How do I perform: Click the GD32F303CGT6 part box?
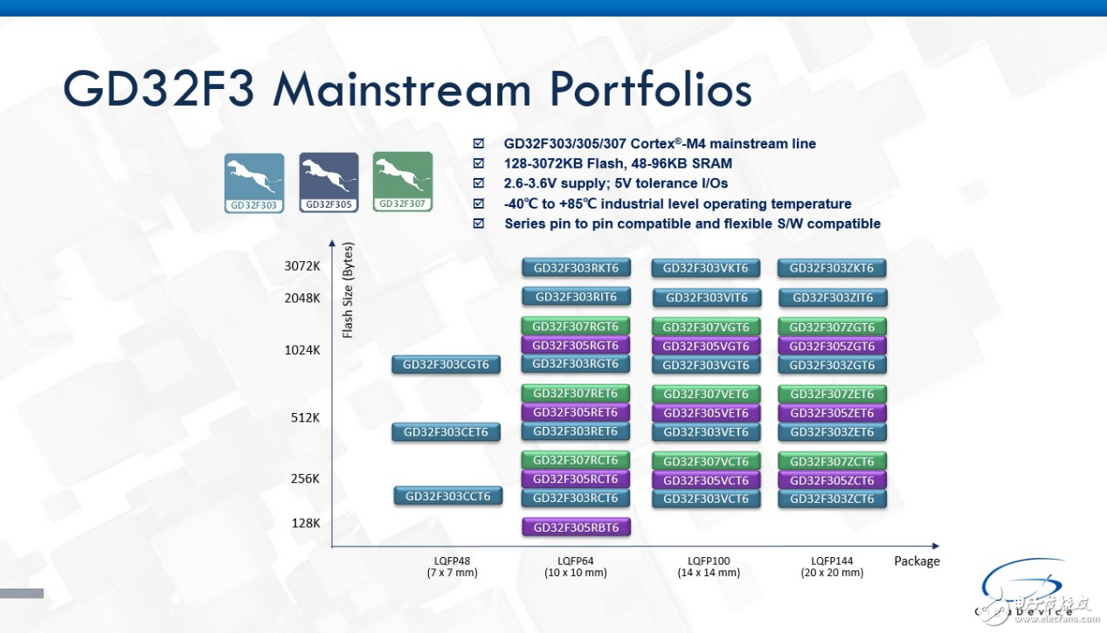446,364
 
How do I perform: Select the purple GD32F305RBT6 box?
576,527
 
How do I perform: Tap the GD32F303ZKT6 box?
832,268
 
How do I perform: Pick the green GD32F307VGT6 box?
706,327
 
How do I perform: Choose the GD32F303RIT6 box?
576,297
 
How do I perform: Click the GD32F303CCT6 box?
448,496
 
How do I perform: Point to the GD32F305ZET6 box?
832,413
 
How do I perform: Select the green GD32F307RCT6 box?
576,460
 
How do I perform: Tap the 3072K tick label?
302,267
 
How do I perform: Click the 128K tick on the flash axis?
306,523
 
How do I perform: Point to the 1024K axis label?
302,350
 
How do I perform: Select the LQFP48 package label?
453,561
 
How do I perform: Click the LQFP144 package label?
832,561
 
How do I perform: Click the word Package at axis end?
917,561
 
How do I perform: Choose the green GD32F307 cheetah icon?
403,182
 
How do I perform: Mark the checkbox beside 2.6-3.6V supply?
478,183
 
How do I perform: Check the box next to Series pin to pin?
478,224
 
